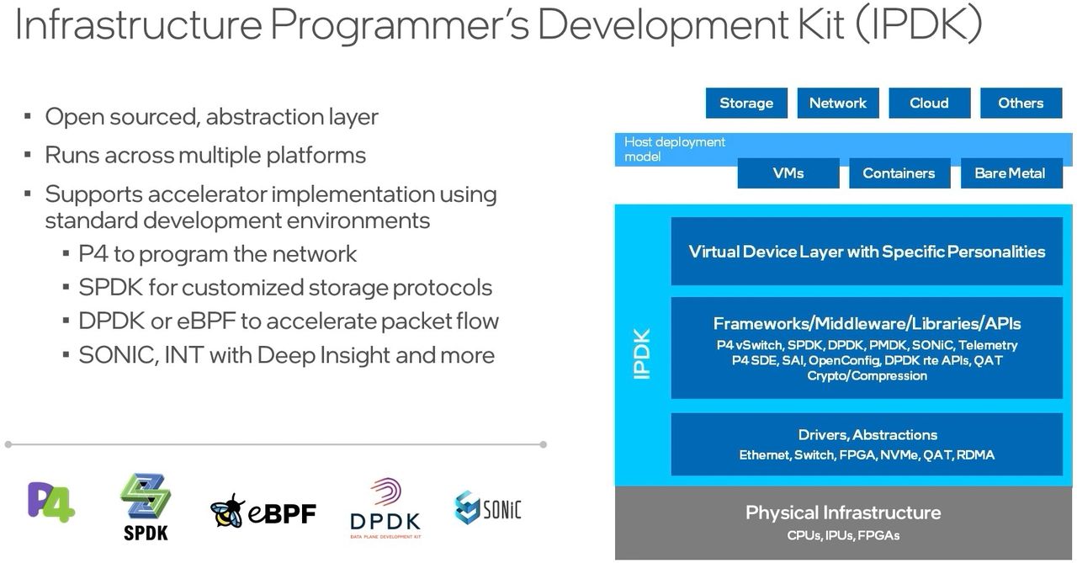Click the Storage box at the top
(746, 104)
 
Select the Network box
(837, 104)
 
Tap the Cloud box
(929, 104)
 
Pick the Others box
(1021, 104)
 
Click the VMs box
(788, 173)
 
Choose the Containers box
(899, 173)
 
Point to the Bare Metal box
(1009, 173)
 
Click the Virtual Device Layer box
(867, 252)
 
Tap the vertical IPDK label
(642, 353)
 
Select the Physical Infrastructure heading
(843, 513)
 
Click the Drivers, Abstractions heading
(867, 435)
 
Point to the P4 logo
(51, 502)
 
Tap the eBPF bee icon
(227, 511)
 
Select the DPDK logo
(385, 508)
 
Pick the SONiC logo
(488, 507)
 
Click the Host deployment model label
(674, 149)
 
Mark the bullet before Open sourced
(28, 116)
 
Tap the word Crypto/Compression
(867, 375)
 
